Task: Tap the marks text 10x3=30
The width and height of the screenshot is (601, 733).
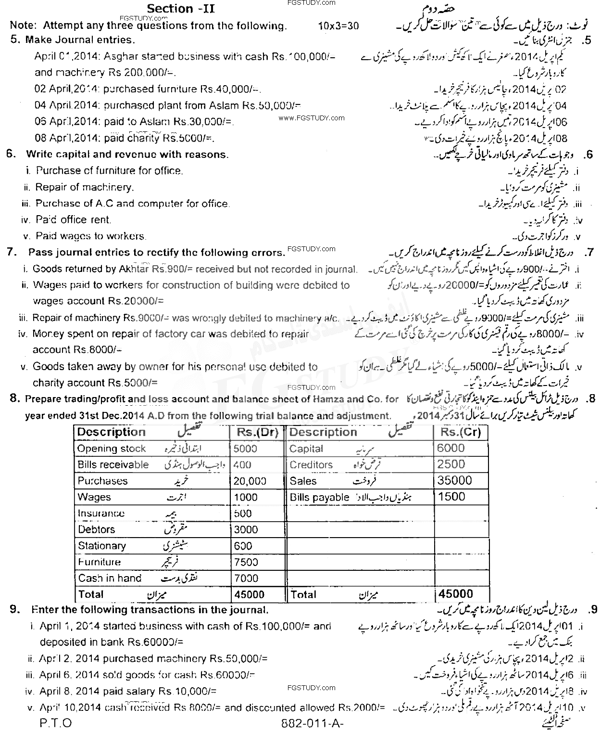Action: (338, 26)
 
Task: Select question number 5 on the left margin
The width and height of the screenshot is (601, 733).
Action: (14, 40)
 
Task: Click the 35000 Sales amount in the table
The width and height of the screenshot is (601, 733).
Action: (454, 480)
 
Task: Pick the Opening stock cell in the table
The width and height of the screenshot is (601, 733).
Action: (111, 449)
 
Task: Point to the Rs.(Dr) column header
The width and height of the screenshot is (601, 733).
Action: (257, 432)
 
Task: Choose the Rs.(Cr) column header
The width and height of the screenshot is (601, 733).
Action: (460, 432)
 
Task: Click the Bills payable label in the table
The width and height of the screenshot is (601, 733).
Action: (319, 497)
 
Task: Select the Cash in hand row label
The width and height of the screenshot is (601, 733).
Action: (110, 578)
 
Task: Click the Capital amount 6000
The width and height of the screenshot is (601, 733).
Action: (451, 448)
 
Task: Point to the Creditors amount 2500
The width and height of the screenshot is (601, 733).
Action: (451, 464)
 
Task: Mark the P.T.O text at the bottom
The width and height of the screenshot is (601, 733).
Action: (55, 723)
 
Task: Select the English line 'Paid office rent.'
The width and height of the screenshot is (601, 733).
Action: (73, 220)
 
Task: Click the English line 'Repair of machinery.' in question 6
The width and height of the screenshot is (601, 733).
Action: (85, 187)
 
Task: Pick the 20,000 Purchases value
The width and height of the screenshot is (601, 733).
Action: (250, 481)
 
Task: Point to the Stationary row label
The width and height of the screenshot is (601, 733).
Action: (101, 546)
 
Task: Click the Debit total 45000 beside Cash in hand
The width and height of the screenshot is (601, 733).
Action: (249, 594)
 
